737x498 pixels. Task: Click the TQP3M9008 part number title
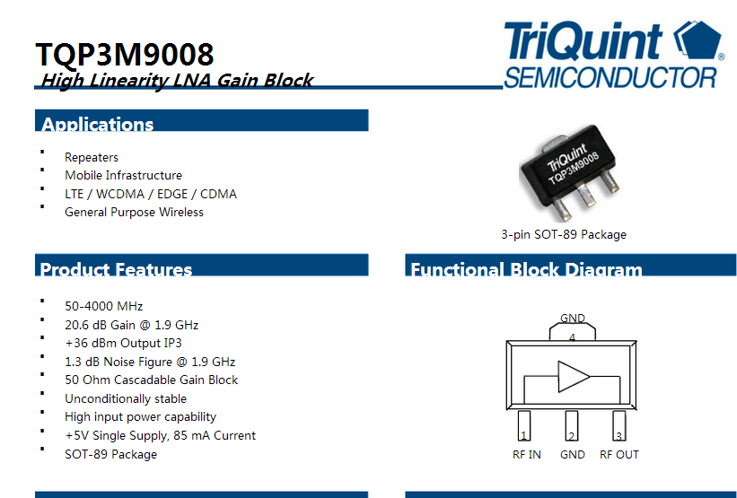click(125, 54)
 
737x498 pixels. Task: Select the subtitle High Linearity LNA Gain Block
click(177, 81)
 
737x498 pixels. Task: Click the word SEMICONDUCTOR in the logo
click(610, 77)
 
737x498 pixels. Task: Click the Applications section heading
click(98, 124)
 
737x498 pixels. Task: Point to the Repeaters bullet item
click(92, 157)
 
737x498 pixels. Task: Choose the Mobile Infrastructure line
click(123, 175)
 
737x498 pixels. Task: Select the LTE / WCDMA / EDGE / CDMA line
click(151, 194)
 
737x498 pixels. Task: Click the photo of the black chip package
click(570, 172)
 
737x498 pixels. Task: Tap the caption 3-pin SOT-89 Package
click(564, 234)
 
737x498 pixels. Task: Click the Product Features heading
click(116, 269)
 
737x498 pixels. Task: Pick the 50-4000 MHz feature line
click(104, 306)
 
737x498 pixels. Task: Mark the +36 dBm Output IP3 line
click(123, 343)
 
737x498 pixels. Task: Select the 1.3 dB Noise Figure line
click(150, 362)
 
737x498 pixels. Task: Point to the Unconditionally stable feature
click(126, 399)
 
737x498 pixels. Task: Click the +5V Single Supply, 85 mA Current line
click(161, 435)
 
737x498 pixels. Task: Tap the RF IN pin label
click(526, 455)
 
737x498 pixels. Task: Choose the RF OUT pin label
click(619, 455)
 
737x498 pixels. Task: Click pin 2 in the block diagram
click(572, 426)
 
